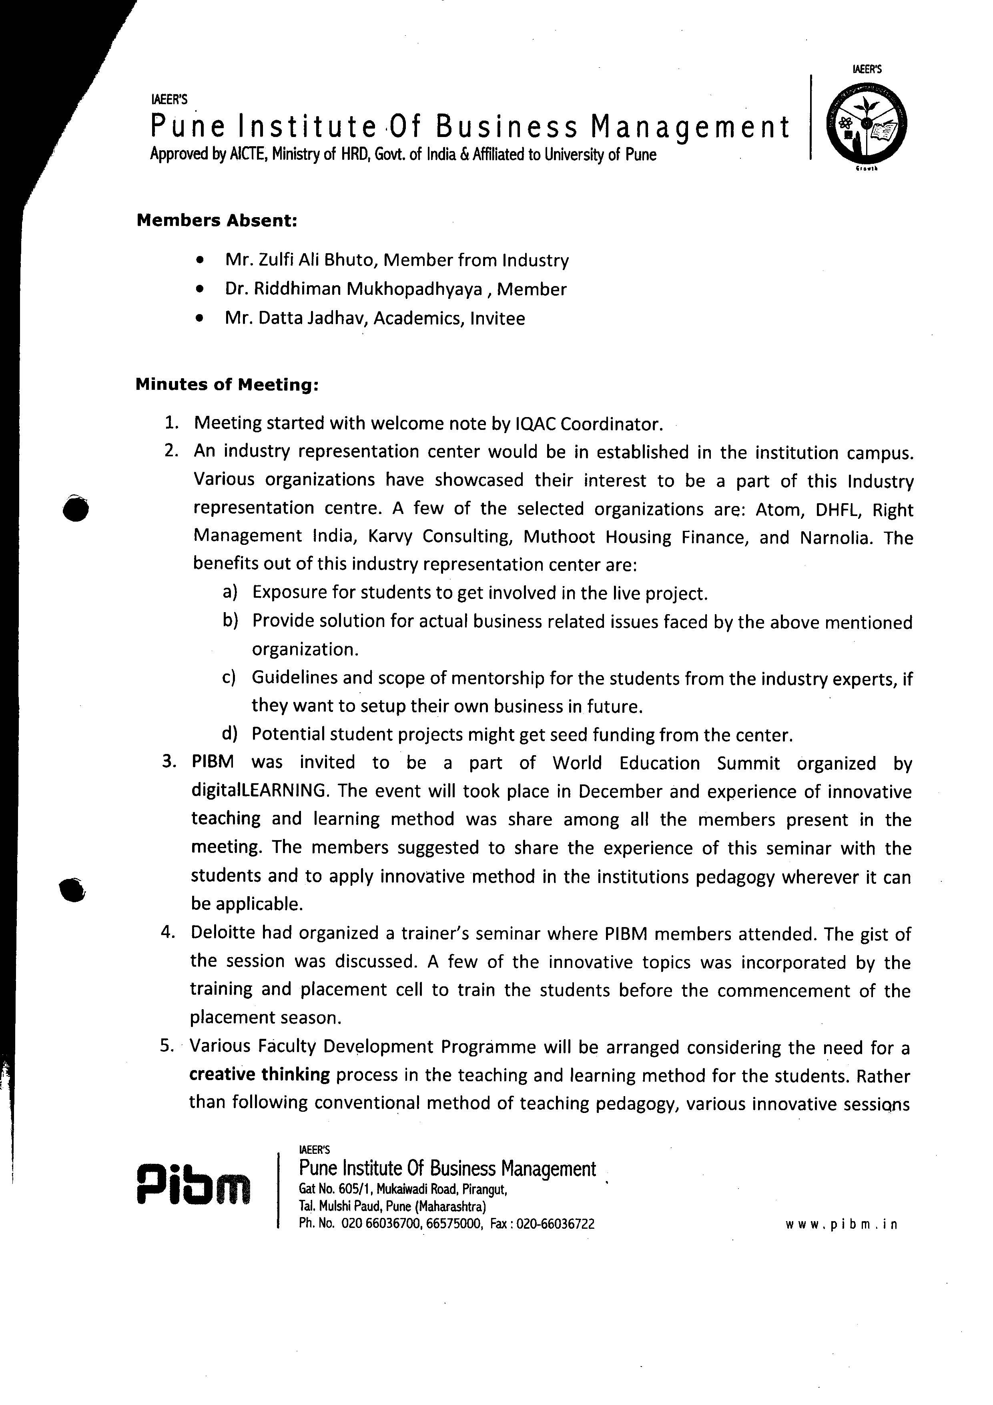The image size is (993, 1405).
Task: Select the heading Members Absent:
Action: click(217, 220)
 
